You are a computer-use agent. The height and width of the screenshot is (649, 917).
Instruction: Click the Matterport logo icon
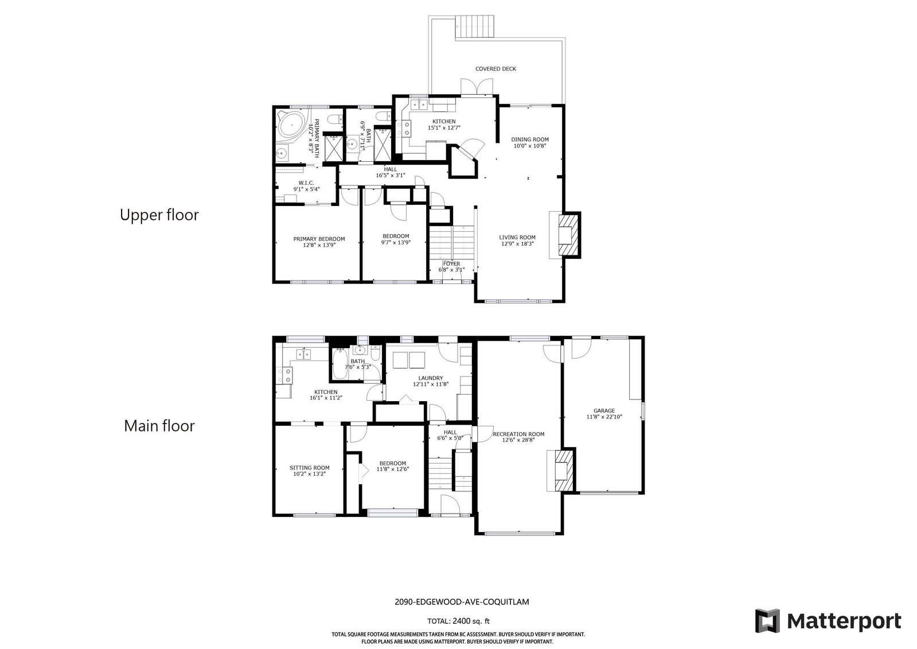pyautogui.click(x=767, y=621)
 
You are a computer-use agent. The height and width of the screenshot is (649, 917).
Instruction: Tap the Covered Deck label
pyautogui.click(x=495, y=69)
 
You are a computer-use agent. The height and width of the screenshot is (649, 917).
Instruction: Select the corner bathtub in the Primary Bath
pyautogui.click(x=292, y=124)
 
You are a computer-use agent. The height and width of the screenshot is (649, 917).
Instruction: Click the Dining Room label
pyautogui.click(x=530, y=139)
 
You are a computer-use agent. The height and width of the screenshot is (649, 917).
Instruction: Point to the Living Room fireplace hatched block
pyautogui.click(x=569, y=235)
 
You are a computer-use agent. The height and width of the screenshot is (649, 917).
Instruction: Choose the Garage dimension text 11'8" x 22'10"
pyautogui.click(x=604, y=417)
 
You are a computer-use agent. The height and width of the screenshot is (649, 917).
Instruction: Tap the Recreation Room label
pyautogui.click(x=518, y=434)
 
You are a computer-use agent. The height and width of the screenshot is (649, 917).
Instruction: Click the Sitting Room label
pyautogui.click(x=309, y=468)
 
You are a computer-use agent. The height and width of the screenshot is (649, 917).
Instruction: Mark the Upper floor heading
pyautogui.click(x=159, y=215)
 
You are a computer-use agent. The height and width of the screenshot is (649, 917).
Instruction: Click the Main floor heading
pyautogui.click(x=159, y=426)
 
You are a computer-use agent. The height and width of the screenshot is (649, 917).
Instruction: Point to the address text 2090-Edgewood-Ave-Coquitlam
pyautogui.click(x=462, y=602)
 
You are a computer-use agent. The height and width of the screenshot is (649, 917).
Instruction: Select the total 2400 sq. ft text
pyautogui.click(x=458, y=621)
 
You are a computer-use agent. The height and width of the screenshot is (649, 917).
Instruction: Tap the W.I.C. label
pyautogui.click(x=306, y=182)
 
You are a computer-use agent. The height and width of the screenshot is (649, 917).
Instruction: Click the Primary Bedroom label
pyautogui.click(x=319, y=239)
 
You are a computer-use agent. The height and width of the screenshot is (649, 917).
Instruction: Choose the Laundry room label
pyautogui.click(x=431, y=378)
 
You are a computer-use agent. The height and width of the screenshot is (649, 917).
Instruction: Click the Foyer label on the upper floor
pyautogui.click(x=451, y=263)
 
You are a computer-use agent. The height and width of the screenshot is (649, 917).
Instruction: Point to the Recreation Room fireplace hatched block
pyautogui.click(x=564, y=471)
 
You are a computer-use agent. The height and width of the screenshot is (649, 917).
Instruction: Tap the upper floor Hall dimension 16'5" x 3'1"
pyautogui.click(x=391, y=176)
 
